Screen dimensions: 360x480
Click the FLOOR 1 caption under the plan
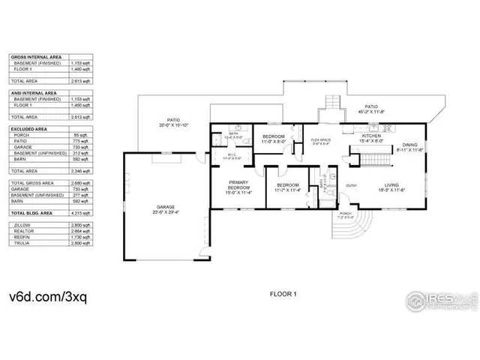coord(284,295)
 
